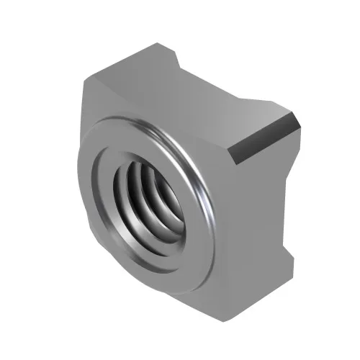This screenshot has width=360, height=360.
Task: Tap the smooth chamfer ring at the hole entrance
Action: (x=115, y=230)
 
